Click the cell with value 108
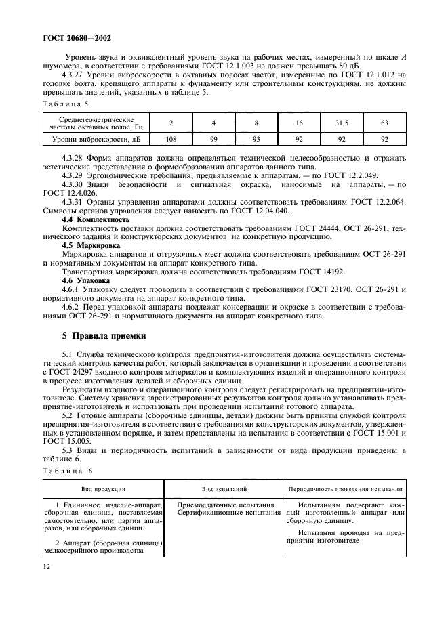pyautogui.click(x=171, y=139)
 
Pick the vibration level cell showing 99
pyautogui.click(x=213, y=139)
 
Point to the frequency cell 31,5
pyautogui.click(x=342, y=123)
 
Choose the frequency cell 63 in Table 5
pyautogui.click(x=384, y=123)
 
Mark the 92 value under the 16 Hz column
pyautogui.click(x=299, y=139)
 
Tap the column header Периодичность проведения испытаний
pyautogui.click(x=346, y=488)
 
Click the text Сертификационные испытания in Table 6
pyautogui.click(x=229, y=513)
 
